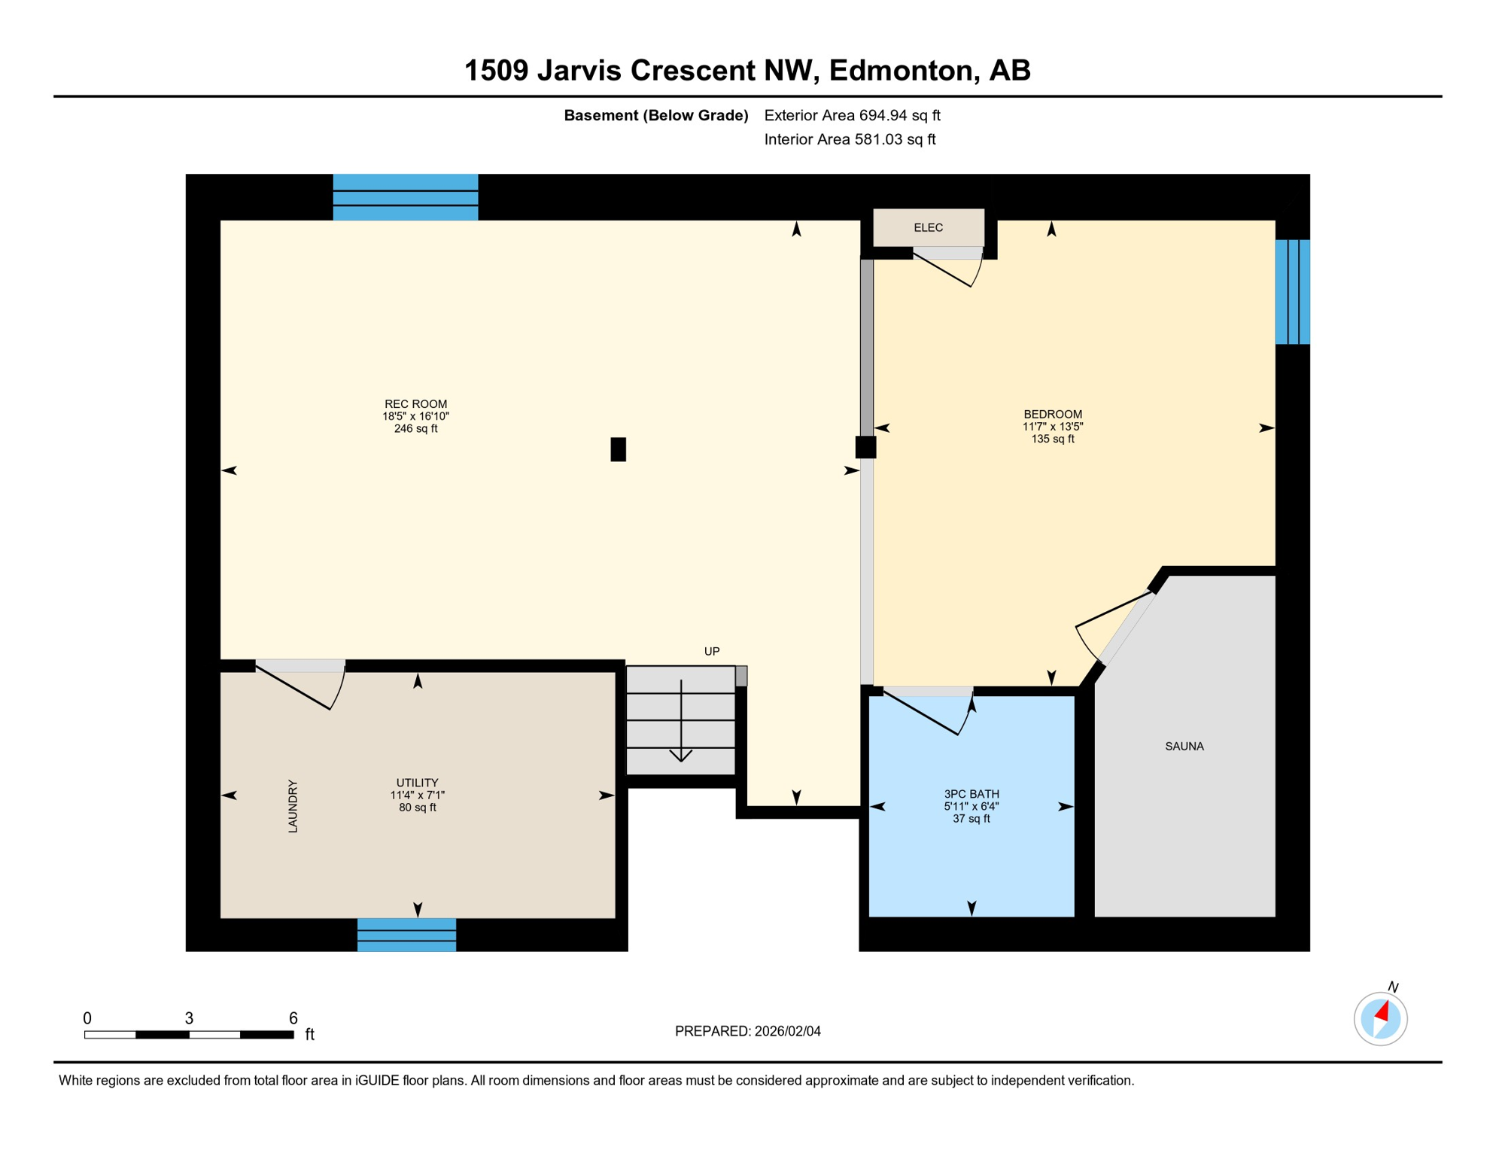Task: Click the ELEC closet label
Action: pyautogui.click(x=928, y=227)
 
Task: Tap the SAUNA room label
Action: pyautogui.click(x=1184, y=746)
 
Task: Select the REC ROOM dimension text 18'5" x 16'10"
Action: pyautogui.click(x=415, y=416)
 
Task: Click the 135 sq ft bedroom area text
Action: pyautogui.click(x=1052, y=439)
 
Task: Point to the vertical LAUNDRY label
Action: pyautogui.click(x=293, y=805)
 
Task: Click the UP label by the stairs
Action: pyautogui.click(x=711, y=651)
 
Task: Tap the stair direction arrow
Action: pyautogui.click(x=681, y=722)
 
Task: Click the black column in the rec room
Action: pyautogui.click(x=618, y=449)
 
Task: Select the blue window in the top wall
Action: pyautogui.click(x=405, y=197)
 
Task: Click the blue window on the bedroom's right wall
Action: pyautogui.click(x=1292, y=291)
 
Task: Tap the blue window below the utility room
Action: pyautogui.click(x=406, y=934)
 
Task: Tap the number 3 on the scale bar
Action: pyautogui.click(x=189, y=1018)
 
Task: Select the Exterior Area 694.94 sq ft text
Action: pyautogui.click(x=852, y=115)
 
